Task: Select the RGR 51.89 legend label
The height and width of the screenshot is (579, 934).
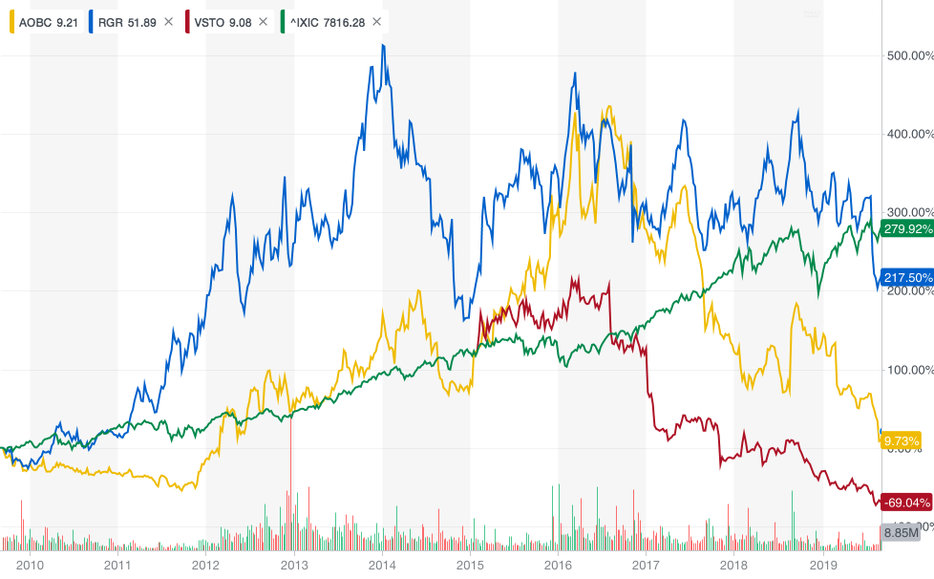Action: click(x=124, y=21)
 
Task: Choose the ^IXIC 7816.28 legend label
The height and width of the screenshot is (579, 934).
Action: click(x=324, y=21)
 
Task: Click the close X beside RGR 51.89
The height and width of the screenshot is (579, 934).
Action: click(x=169, y=21)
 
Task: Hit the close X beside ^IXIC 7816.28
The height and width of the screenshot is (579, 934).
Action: click(x=377, y=21)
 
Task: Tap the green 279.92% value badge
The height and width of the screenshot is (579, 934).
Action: click(x=906, y=228)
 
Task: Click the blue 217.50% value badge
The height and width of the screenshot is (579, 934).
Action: click(x=906, y=277)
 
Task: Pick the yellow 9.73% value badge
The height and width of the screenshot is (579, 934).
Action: click(x=902, y=440)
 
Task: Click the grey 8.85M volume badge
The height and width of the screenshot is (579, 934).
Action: click(x=901, y=533)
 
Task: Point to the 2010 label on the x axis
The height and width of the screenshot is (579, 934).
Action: click(x=30, y=564)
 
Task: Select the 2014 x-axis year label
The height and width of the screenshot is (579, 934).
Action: click(x=382, y=564)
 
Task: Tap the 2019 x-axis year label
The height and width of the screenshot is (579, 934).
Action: click(x=822, y=564)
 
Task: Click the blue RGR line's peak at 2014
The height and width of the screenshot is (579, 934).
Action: click(x=383, y=45)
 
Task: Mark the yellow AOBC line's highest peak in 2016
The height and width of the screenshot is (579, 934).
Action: click(x=607, y=107)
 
